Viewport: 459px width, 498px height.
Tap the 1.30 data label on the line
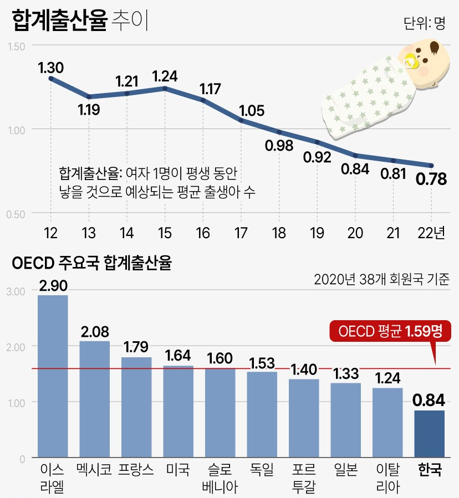(51, 68)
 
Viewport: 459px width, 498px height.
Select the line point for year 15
(165, 88)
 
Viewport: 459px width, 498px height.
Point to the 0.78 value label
(431, 179)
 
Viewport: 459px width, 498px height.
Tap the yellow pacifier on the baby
(411, 61)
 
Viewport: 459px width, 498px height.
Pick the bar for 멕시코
(95, 399)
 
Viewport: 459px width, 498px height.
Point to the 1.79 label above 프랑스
(136, 348)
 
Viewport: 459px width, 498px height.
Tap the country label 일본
(346, 470)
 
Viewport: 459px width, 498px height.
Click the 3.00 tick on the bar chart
(17, 291)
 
